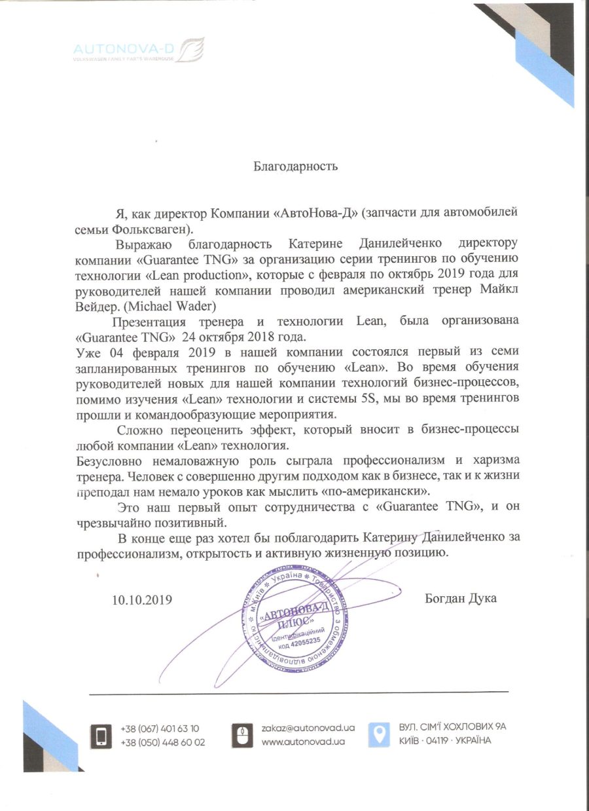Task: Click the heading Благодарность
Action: pyautogui.click(x=295, y=166)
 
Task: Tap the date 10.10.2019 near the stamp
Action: pyautogui.click(x=142, y=599)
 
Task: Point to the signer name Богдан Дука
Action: pyautogui.click(x=460, y=598)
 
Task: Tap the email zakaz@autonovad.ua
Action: pyautogui.click(x=308, y=728)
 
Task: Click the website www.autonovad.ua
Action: pyautogui.click(x=304, y=742)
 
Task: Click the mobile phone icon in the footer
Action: pyautogui.click(x=101, y=735)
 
